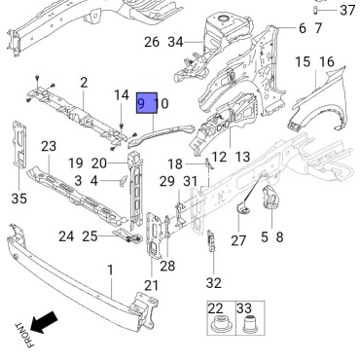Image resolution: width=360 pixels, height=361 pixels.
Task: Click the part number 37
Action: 347,10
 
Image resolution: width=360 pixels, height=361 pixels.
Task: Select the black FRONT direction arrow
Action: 44,322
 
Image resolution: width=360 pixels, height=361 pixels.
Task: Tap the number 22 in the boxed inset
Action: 216,308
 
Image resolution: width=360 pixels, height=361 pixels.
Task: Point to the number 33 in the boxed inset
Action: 244,308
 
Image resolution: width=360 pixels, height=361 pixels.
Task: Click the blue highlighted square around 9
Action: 147,103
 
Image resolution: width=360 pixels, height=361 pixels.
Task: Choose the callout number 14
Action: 122,95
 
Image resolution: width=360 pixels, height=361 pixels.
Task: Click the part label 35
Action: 18,198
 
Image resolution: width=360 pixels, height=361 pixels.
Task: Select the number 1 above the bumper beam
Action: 111,270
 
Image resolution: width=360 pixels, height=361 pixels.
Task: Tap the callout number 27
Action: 238,241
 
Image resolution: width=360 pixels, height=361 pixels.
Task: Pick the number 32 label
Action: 214,283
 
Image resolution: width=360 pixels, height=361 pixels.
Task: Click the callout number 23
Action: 49,147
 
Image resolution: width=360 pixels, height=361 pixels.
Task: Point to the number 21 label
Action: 152,285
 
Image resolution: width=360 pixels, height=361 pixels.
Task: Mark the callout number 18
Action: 175,164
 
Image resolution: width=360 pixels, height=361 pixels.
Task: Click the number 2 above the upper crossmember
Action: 84,83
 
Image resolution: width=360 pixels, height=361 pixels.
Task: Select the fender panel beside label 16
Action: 318,97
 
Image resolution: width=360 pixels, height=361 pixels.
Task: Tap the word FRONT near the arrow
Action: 24,335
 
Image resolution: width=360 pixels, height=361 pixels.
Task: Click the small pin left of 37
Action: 315,10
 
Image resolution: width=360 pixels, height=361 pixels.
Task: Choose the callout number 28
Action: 167,266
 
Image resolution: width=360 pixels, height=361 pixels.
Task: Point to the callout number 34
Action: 175,42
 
